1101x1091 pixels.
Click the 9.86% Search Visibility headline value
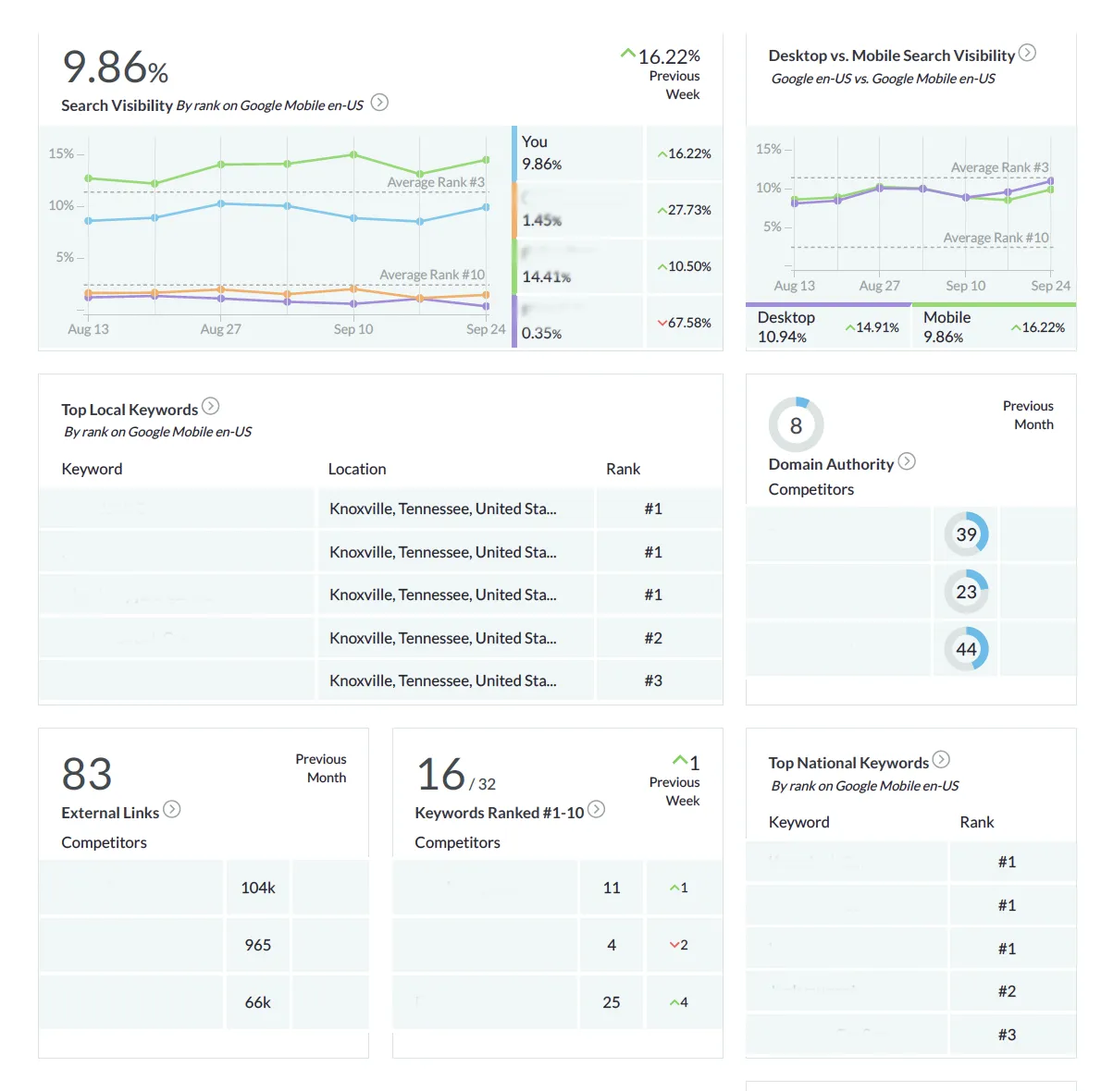click(x=115, y=67)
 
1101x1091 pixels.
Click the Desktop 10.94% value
click(x=782, y=337)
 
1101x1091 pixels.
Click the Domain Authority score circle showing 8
click(x=796, y=425)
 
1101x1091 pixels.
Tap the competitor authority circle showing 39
click(x=966, y=534)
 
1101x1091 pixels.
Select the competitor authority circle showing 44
click(x=966, y=649)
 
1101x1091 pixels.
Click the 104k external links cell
click(x=258, y=888)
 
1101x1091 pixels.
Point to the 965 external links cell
click(x=258, y=945)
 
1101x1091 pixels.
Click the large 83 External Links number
click(x=87, y=774)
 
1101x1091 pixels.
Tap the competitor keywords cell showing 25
click(x=612, y=1002)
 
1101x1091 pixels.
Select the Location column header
click(x=357, y=469)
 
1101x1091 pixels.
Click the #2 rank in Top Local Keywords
click(x=653, y=638)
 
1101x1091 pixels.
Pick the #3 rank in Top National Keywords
click(x=1007, y=1035)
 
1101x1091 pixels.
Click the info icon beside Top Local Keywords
click(x=211, y=406)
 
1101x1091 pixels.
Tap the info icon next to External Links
click(x=172, y=809)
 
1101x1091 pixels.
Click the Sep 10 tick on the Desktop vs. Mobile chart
click(x=965, y=286)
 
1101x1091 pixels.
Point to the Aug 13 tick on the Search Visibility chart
click(x=88, y=329)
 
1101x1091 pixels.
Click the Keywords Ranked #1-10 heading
click(x=500, y=813)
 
